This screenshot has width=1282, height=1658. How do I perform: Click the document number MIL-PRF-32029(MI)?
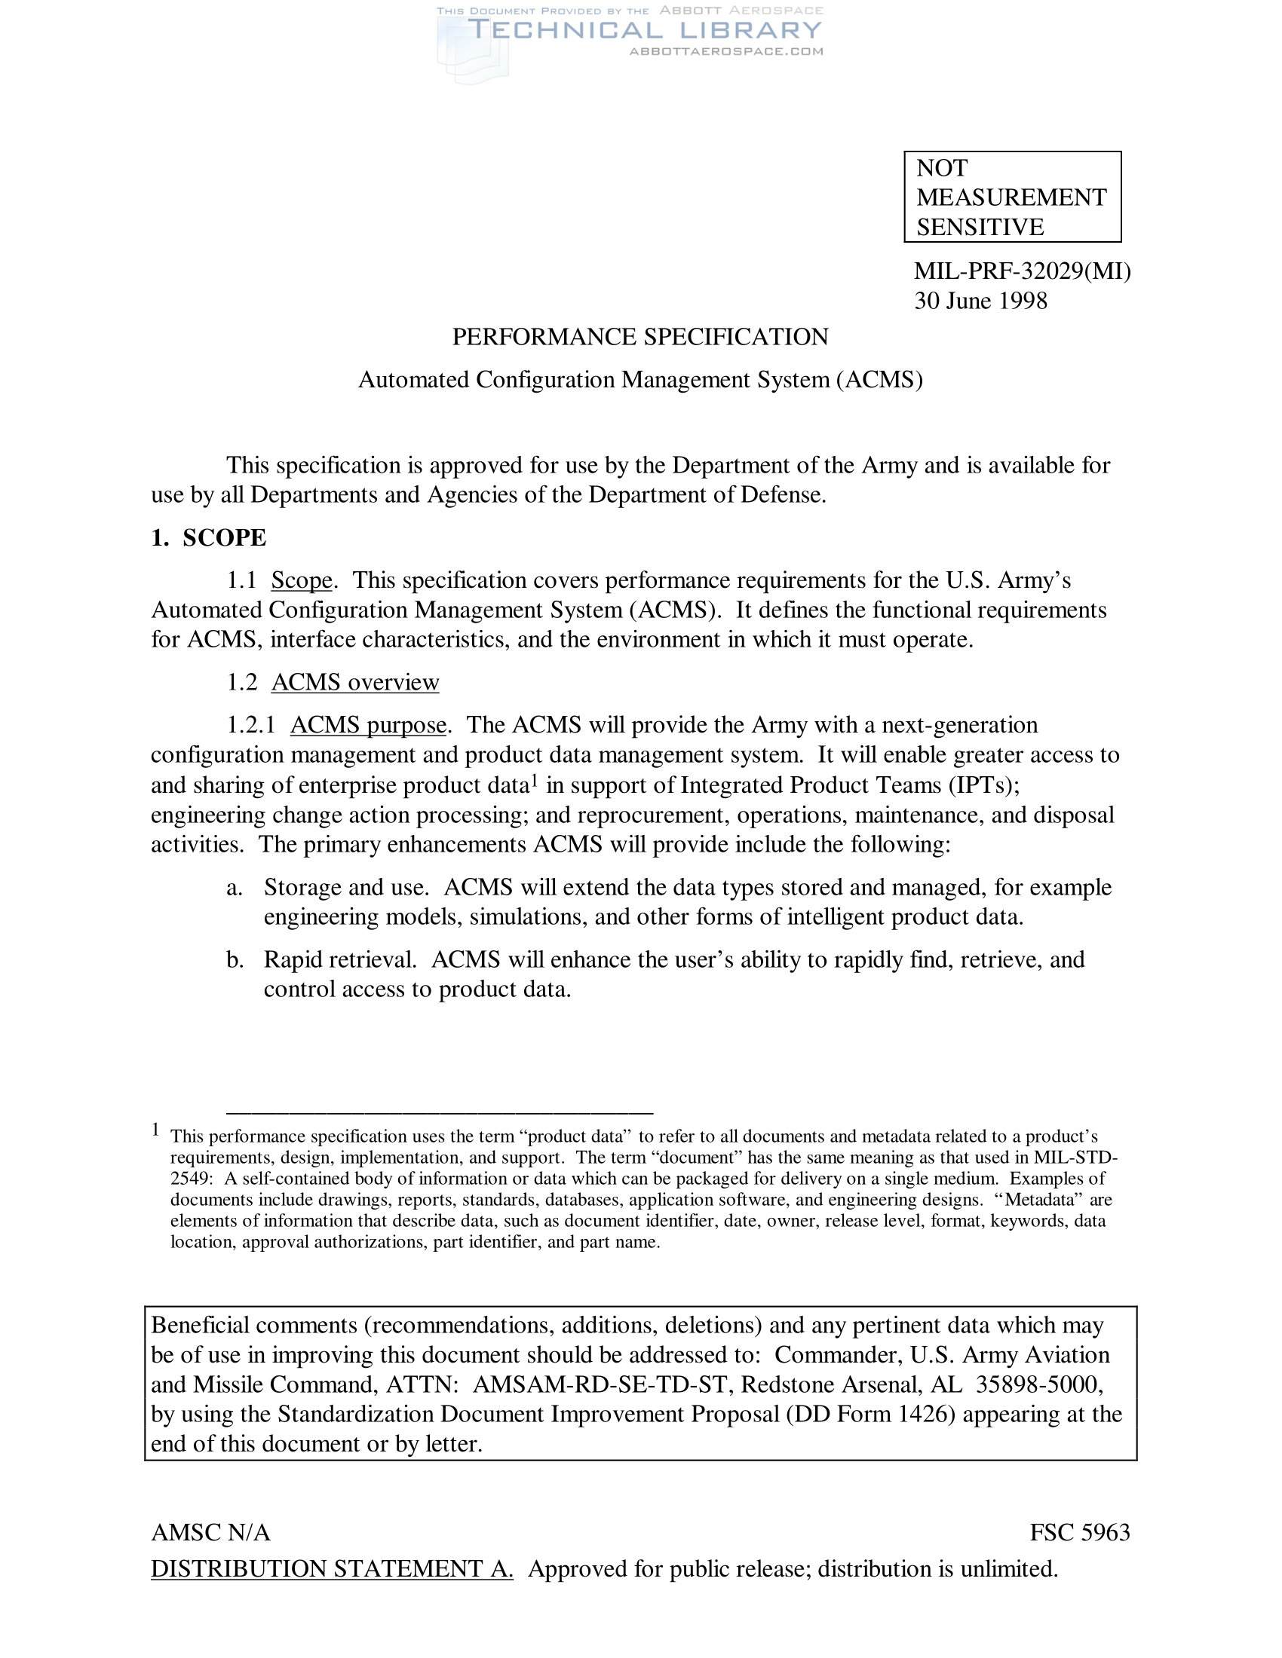(1022, 271)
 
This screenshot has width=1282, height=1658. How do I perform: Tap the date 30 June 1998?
(980, 301)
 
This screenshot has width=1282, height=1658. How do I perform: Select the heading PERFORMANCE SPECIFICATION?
(639, 337)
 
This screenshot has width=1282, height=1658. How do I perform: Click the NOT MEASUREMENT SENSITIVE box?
(1011, 197)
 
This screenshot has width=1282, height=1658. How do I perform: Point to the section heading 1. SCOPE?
(209, 537)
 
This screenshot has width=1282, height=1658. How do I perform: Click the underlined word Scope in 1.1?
(302, 580)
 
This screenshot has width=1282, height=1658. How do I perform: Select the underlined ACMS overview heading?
(354, 682)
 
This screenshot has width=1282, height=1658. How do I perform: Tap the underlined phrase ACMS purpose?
(367, 725)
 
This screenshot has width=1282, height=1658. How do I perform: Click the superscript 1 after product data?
(534, 779)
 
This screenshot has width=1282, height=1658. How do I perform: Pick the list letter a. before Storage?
(234, 888)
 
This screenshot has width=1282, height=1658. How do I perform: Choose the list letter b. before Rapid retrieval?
(235, 959)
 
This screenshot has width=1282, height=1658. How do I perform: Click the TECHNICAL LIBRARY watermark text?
(646, 30)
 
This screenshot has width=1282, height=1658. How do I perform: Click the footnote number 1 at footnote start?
(155, 1130)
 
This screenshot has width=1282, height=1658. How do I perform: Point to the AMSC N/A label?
(210, 1533)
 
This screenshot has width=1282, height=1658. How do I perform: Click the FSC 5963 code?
(1079, 1533)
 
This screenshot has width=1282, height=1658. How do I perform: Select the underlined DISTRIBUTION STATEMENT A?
(332, 1568)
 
